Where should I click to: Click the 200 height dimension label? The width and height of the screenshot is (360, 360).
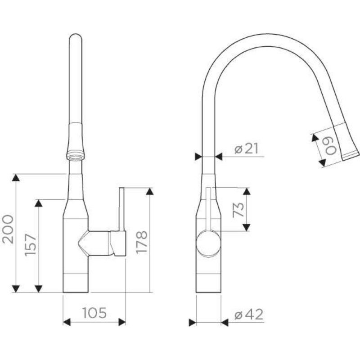click(x=8, y=229)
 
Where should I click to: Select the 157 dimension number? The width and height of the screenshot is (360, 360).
click(x=31, y=245)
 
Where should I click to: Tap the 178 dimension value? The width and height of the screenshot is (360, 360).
click(x=142, y=243)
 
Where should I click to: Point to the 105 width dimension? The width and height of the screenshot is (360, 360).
click(x=94, y=313)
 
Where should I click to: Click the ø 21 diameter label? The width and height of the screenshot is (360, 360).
click(x=247, y=148)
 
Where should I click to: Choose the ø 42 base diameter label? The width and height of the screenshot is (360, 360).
click(x=249, y=314)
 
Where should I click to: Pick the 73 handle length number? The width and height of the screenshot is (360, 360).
click(x=238, y=210)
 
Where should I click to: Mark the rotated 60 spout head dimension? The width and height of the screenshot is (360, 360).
click(x=331, y=147)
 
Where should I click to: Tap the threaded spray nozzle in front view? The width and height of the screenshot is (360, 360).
click(x=76, y=156)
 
